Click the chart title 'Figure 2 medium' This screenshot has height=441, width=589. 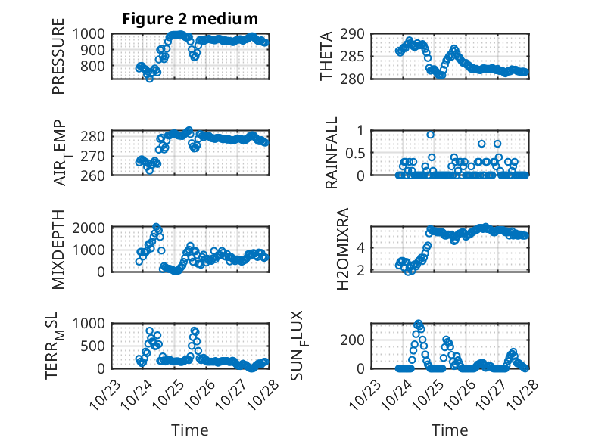tap(190, 19)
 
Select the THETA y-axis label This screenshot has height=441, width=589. tap(326, 56)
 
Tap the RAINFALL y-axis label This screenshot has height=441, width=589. tap(331, 153)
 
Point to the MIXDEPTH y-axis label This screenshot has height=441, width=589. tap(58, 249)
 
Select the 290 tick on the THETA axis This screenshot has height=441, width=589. tap(356, 33)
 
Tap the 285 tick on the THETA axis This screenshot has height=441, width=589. tap(356, 56)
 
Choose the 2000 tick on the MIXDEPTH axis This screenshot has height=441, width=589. tap(92, 227)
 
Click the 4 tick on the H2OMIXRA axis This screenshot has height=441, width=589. tap(361, 247)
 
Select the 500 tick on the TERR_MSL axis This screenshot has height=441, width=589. tap(96, 346)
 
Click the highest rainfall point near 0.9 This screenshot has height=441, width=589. tap(431, 135)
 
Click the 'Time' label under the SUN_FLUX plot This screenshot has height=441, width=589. tap(450, 430)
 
